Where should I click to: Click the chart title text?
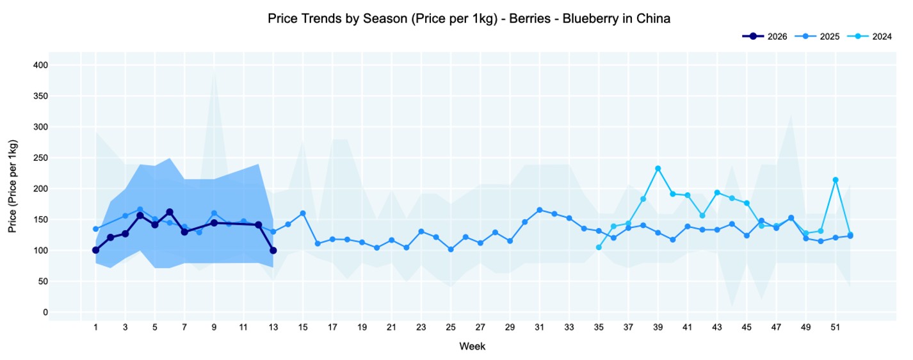pos(469,19)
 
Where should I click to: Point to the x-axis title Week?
pos(473,347)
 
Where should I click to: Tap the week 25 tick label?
pos(451,327)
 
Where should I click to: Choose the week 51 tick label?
pos(836,327)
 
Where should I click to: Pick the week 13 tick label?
pos(273,327)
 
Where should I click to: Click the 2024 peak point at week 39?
pos(658,168)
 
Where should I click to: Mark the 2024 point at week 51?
pos(836,180)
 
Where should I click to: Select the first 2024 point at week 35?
pos(599,247)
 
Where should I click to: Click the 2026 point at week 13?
pos(273,250)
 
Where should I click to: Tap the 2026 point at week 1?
pos(95,250)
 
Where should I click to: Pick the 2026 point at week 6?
pos(170,212)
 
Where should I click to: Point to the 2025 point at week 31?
pos(540,210)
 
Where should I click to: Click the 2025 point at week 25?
pos(451,249)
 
